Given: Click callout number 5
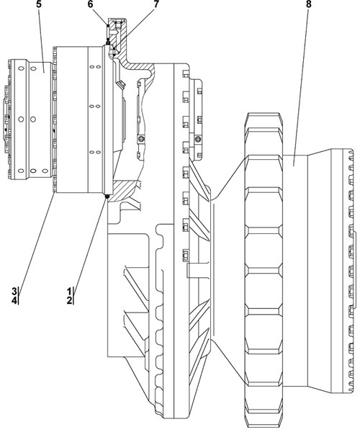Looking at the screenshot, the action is click(38, 4).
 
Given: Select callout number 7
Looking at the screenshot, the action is click(156, 4).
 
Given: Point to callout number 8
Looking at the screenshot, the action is click(308, 4).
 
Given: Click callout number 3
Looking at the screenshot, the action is click(14, 291).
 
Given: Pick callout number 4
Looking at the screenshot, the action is click(14, 300).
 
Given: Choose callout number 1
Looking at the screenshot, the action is click(69, 291).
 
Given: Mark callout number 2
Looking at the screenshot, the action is click(69, 300).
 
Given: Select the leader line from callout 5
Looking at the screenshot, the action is click(42, 41).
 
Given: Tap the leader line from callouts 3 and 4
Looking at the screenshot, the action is click(37, 240).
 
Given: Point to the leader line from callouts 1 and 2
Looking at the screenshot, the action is click(90, 242).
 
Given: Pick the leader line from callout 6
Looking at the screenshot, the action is click(99, 17).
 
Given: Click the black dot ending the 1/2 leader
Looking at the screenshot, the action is click(107, 196).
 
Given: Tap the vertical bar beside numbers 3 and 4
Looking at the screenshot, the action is click(19, 296).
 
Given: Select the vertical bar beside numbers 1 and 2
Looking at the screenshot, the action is click(74, 296).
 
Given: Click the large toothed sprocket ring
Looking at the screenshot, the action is click(264, 271).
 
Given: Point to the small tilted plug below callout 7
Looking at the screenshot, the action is click(121, 85).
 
